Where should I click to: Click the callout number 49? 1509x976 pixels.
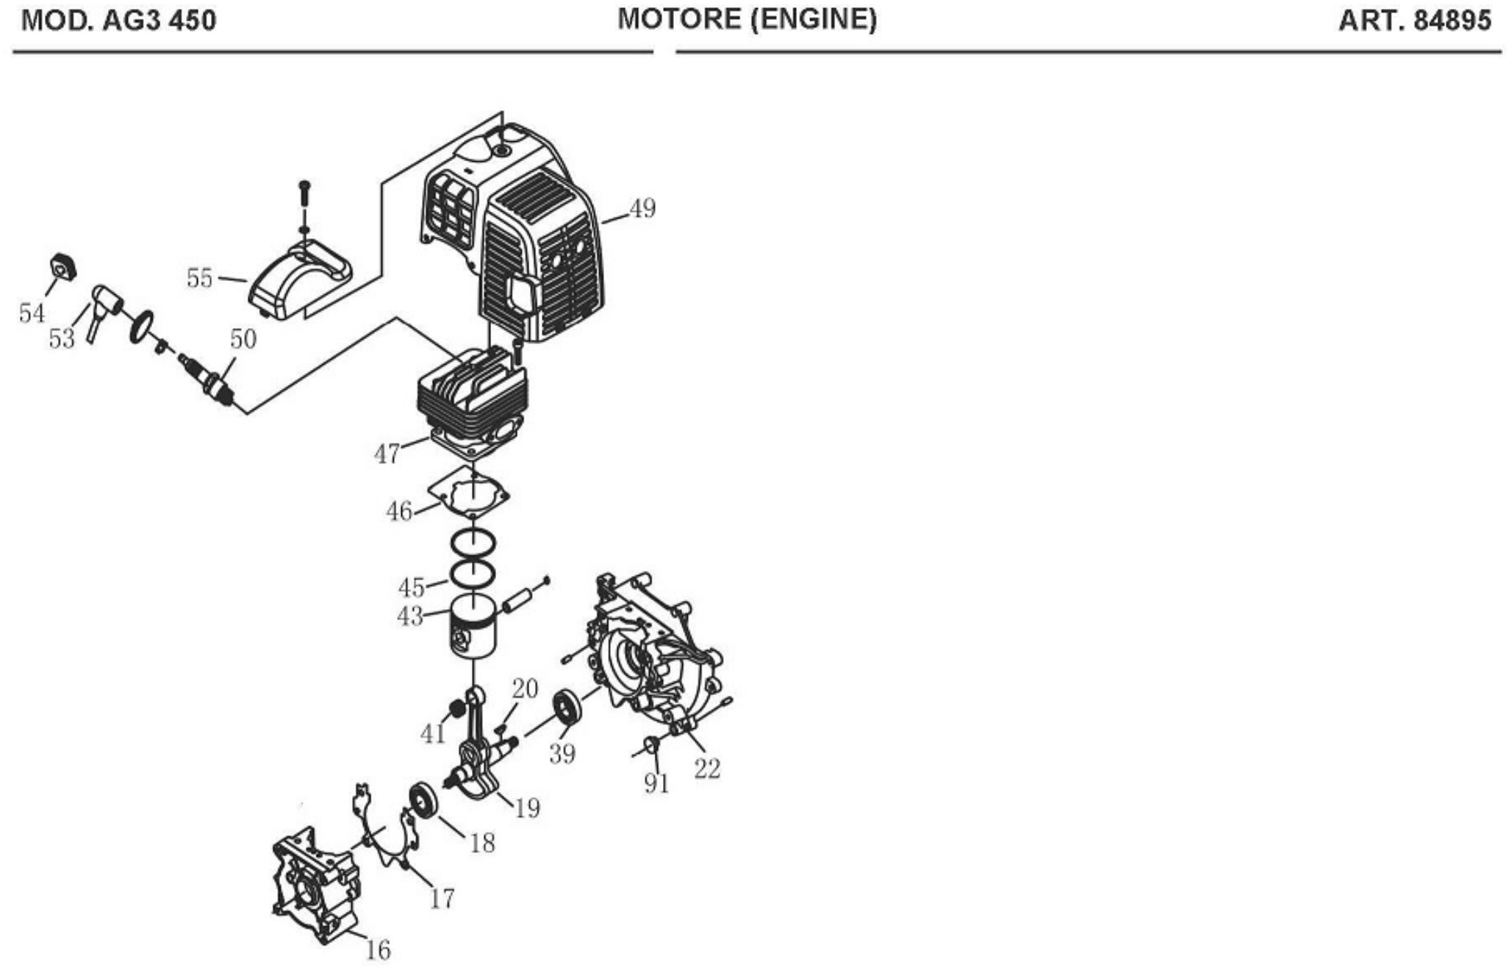point(642,208)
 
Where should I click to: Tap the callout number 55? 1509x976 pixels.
point(199,278)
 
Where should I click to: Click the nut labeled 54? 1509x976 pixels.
point(63,266)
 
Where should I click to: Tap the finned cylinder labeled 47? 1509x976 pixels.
point(472,402)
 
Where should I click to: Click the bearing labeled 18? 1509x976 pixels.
point(423,800)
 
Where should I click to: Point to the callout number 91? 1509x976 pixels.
point(656,783)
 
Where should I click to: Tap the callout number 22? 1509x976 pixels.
point(707,769)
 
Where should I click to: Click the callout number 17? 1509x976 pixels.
point(442,898)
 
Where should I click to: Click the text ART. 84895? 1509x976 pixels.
point(1415,21)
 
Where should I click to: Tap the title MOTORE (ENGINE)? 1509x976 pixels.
point(747,19)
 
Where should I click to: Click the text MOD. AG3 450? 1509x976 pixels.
point(119,21)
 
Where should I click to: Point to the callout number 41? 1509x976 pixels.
point(433,733)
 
